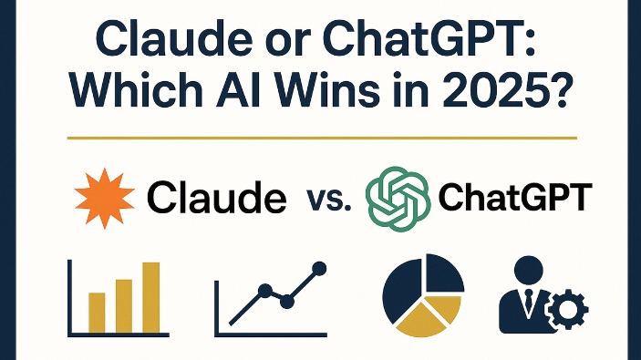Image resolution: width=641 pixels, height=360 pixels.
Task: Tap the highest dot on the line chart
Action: pyautogui.click(x=317, y=269)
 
